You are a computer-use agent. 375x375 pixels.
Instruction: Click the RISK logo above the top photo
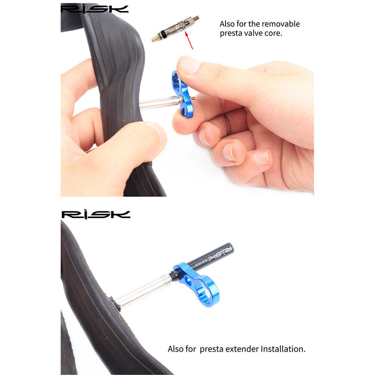[x=95, y=8]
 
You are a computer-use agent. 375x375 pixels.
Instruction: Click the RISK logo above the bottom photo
[x=96, y=214]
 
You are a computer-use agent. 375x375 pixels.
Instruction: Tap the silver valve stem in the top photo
[x=157, y=102]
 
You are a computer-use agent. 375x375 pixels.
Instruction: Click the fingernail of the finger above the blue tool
[x=189, y=65]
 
